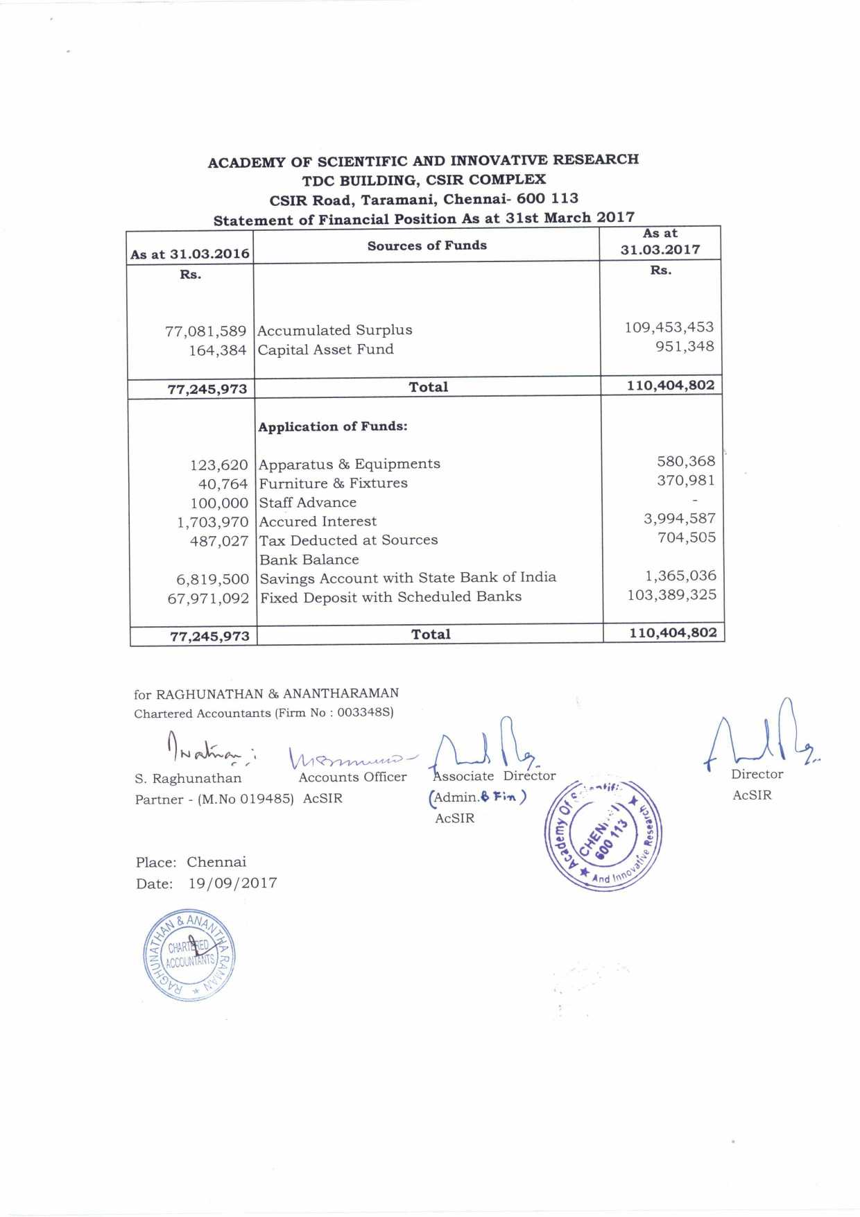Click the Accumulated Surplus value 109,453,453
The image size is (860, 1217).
pyautogui.click(x=669, y=327)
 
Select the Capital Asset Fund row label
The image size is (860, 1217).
pyautogui.click(x=325, y=349)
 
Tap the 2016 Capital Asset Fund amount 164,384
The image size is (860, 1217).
pyautogui.click(x=218, y=351)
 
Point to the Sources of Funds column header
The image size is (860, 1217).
pyautogui.click(x=427, y=245)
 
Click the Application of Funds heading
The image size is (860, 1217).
pyautogui.click(x=333, y=426)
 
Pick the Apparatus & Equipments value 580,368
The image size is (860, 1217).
pyautogui.click(x=686, y=461)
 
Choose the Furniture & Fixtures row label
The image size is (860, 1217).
pyautogui.click(x=333, y=483)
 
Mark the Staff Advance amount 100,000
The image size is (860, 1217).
pyautogui.click(x=219, y=503)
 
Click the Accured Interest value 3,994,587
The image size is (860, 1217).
pyautogui.click(x=679, y=519)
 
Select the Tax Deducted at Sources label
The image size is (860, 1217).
pyautogui.click(x=348, y=540)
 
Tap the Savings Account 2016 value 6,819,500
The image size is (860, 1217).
pyautogui.click(x=212, y=579)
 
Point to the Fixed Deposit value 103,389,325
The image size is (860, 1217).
pyautogui.click(x=671, y=595)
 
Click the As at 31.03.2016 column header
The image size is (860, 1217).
pyautogui.click(x=190, y=254)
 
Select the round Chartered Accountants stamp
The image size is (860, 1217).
pyautogui.click(x=189, y=955)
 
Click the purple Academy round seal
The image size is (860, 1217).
pyautogui.click(x=603, y=835)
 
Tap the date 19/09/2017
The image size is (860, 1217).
pyautogui.click(x=232, y=883)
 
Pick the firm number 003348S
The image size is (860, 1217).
pyautogui.click(x=365, y=712)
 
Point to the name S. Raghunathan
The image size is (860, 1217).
pyautogui.click(x=188, y=779)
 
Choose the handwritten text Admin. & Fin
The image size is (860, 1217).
pyautogui.click(x=478, y=797)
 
